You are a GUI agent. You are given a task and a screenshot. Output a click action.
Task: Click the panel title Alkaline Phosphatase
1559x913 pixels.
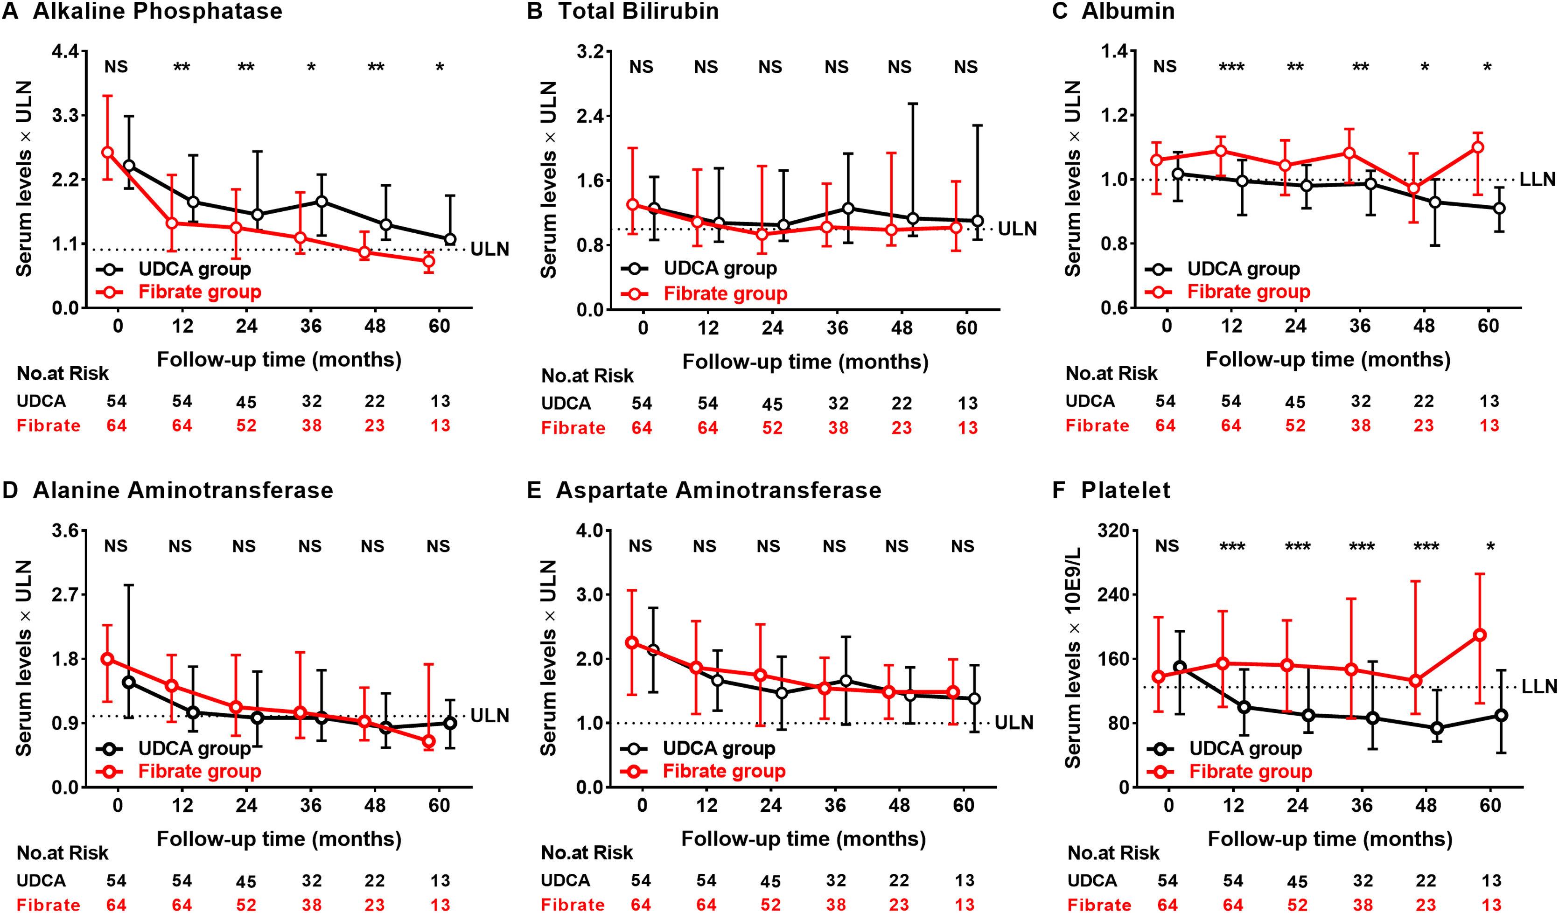[x=157, y=11]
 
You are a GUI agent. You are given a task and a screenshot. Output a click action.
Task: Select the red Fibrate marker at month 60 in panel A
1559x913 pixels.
[x=428, y=261]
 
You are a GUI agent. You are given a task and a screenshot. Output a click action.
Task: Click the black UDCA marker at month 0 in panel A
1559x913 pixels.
[x=129, y=166]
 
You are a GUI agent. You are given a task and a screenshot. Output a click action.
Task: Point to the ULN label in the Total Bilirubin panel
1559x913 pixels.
[x=1018, y=229]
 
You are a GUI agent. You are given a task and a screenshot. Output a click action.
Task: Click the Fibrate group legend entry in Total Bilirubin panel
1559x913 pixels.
[x=725, y=294]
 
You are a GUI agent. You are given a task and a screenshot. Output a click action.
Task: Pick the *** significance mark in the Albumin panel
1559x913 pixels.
[x=1231, y=67]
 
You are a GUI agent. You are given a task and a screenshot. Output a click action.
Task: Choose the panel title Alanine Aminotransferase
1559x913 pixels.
[x=182, y=490]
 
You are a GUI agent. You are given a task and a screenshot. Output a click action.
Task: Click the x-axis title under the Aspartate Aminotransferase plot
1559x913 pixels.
[x=804, y=839]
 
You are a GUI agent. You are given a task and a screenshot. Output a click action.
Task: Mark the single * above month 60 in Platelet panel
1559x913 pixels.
[x=1490, y=547]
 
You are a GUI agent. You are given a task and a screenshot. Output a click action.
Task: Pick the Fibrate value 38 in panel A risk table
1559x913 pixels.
[x=312, y=425]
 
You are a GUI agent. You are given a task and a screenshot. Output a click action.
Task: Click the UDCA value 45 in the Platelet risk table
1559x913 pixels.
[x=1297, y=881]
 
